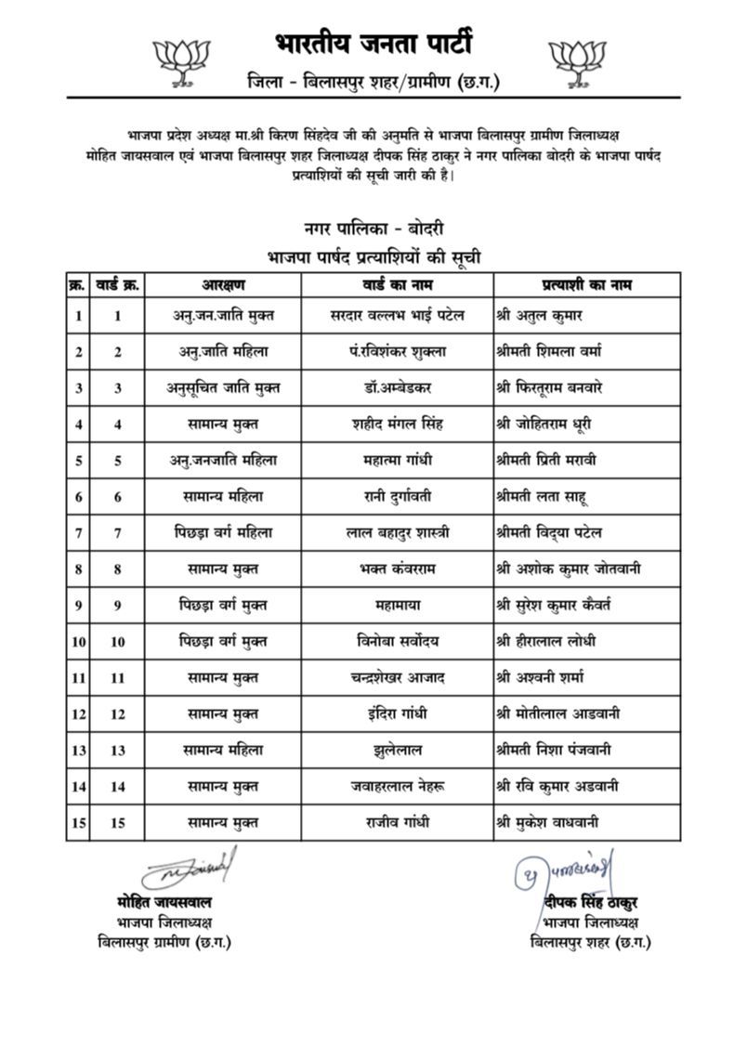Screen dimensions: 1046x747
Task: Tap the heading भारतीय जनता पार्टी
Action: point(374,44)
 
